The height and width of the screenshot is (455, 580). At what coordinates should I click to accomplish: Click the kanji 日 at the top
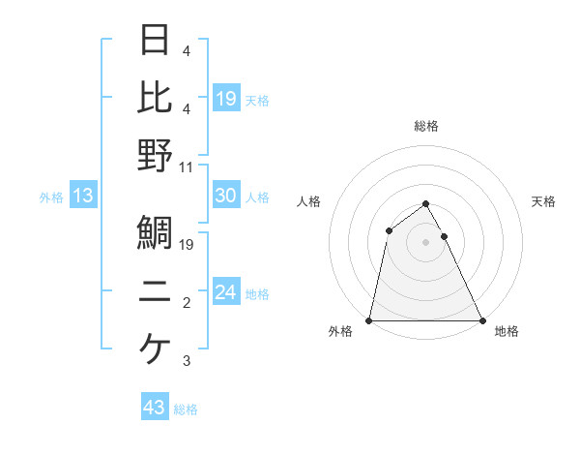click(155, 40)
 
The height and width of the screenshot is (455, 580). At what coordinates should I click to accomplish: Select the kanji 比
click(155, 97)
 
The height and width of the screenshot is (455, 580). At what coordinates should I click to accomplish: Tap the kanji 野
click(155, 155)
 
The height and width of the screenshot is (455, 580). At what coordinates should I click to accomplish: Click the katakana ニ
click(155, 291)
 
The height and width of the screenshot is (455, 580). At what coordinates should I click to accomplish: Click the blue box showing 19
click(226, 98)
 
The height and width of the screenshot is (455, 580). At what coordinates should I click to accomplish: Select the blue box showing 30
click(226, 196)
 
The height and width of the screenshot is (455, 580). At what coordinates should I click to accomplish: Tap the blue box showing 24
click(226, 292)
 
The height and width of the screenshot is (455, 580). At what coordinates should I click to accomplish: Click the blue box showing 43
click(154, 408)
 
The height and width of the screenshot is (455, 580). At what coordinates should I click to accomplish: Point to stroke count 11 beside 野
click(188, 167)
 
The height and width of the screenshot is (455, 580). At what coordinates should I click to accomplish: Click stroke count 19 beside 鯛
click(188, 245)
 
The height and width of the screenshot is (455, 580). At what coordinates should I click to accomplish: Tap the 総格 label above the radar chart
click(426, 126)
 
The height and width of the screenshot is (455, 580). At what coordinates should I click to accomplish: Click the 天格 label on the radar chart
click(544, 201)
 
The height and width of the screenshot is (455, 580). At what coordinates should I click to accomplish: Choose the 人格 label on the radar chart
click(309, 201)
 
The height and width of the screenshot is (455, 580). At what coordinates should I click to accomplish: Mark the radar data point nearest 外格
click(369, 320)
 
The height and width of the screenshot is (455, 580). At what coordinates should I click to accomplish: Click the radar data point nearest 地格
click(482, 320)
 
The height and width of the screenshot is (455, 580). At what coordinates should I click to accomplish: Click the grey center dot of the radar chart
click(426, 242)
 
